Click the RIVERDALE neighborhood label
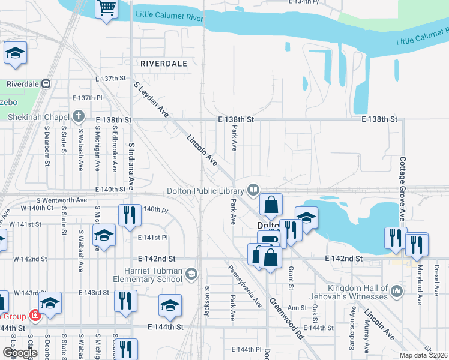pos(163,63)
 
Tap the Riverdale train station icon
pos(46,84)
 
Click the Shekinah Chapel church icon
pos(78,116)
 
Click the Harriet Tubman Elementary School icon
pos(191,274)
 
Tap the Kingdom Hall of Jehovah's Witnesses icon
pos(396,292)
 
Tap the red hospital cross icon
pos(35,315)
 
